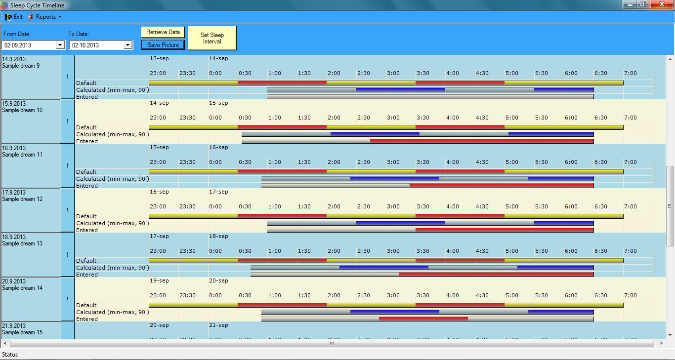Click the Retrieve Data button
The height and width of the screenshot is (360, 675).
163,32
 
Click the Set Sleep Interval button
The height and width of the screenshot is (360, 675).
212,38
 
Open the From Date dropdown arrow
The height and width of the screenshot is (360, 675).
60,45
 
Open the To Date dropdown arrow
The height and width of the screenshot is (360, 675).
127,45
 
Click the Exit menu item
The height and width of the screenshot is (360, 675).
14,17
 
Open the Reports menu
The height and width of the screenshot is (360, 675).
46,17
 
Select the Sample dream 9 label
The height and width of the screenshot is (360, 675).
21,66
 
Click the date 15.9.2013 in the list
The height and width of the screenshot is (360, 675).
13,104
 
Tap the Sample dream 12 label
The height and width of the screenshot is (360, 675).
22,199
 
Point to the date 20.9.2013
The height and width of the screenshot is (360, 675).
13,281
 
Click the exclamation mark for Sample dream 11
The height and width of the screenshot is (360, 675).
68,166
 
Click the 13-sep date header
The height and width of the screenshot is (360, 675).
159,58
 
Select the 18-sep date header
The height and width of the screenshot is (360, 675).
218,236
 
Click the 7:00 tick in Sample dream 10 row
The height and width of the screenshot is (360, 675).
630,118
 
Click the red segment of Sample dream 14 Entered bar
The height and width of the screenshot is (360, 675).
423,319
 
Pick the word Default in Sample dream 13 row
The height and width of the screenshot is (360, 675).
86,261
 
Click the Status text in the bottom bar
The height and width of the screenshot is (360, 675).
10,355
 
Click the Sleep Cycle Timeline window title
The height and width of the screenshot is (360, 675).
37,5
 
